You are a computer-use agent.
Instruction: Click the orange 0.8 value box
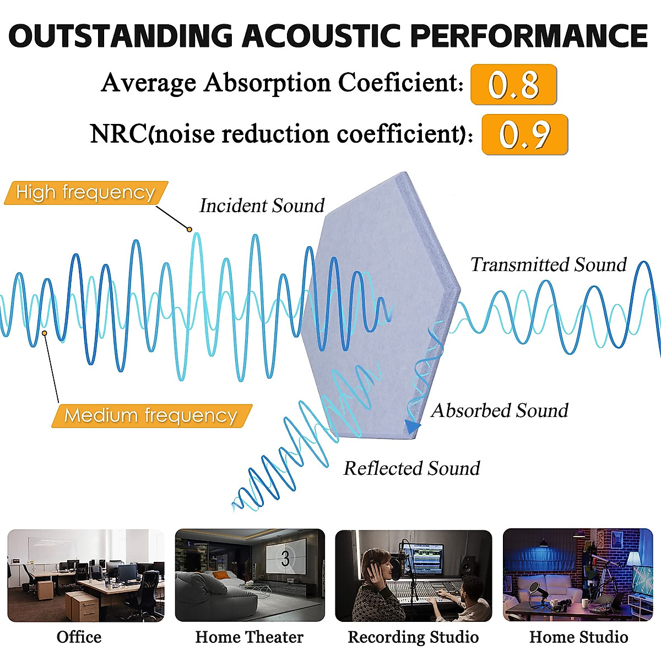click(513, 85)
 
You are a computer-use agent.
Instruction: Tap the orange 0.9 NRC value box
click(524, 134)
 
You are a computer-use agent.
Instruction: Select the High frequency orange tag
click(85, 193)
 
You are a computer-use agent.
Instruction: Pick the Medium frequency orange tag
click(150, 415)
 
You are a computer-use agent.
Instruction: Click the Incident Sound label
click(262, 205)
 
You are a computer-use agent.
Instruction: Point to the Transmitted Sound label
click(548, 265)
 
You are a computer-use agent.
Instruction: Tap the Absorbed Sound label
click(500, 410)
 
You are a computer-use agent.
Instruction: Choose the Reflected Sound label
click(411, 468)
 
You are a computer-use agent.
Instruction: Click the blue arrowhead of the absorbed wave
click(413, 426)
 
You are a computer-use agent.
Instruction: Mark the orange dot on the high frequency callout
click(189, 229)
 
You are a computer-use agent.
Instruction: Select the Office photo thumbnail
click(85, 576)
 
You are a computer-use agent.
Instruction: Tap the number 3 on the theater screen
click(285, 559)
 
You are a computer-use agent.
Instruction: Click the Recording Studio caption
click(413, 637)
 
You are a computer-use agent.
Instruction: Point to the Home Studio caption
click(578, 637)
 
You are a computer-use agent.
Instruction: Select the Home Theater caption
click(249, 637)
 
